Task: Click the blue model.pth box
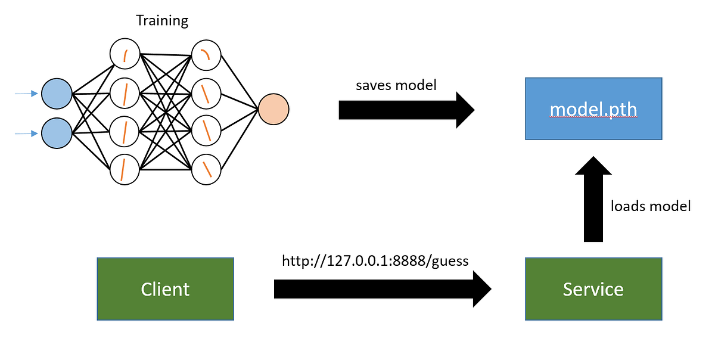point(593,108)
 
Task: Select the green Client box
point(165,288)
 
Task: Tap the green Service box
point(593,288)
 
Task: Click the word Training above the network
point(162,21)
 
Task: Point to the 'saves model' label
point(396,85)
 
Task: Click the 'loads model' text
point(651,206)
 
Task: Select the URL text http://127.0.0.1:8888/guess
point(375,260)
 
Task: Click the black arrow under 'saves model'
point(405,110)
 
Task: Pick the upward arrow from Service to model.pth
point(593,200)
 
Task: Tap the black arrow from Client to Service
point(381,289)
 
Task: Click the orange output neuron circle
point(273,109)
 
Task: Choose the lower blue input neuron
point(57,133)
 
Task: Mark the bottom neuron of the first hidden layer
point(125,169)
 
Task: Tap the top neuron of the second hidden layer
point(206,55)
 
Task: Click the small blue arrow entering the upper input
point(27,94)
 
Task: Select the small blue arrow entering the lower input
point(27,134)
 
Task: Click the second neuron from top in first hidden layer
point(125,93)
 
